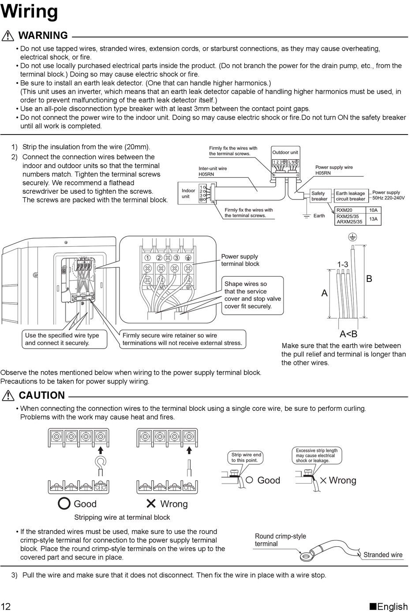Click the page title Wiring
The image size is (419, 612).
point(29,11)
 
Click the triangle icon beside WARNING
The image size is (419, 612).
point(7,36)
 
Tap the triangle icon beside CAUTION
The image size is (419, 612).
point(7,395)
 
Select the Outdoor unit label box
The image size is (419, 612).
point(285,152)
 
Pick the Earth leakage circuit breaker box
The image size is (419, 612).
point(351,196)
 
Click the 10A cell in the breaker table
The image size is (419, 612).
point(374,210)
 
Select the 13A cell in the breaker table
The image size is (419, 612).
point(374,219)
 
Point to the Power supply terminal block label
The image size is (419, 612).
point(240,260)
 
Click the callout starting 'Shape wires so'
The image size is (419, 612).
point(252,295)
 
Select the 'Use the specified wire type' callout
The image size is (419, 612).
point(64,339)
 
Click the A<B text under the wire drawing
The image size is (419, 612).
point(348,334)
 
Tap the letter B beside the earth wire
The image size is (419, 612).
point(369,279)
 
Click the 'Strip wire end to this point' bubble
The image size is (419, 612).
point(246,457)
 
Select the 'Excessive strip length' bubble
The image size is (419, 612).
point(317,455)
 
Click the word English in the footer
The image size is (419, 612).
point(392,606)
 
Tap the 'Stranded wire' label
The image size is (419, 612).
point(383,555)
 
